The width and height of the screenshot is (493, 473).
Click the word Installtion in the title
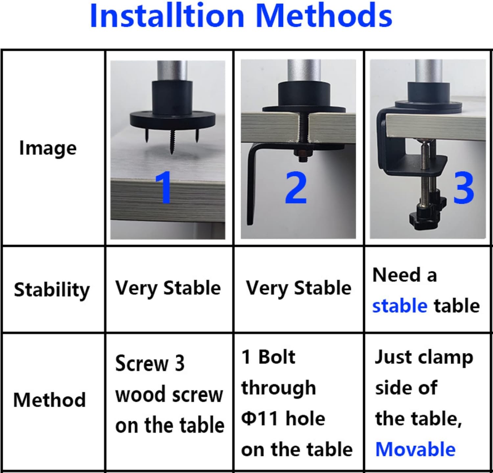(167, 16)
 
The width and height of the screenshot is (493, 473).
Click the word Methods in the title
(324, 16)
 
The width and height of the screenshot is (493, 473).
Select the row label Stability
(52, 290)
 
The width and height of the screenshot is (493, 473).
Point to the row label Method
(50, 400)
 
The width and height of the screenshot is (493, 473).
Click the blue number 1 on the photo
(163, 187)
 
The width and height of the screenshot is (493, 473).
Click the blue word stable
(400, 306)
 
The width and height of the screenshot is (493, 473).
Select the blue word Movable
(415, 449)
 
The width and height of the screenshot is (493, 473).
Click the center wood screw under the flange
(172, 142)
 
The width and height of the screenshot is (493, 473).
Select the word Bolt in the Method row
(277, 357)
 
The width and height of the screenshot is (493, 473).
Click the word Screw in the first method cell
(142, 364)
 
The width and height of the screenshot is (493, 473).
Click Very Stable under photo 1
(168, 288)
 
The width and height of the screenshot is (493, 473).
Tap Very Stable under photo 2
(299, 288)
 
